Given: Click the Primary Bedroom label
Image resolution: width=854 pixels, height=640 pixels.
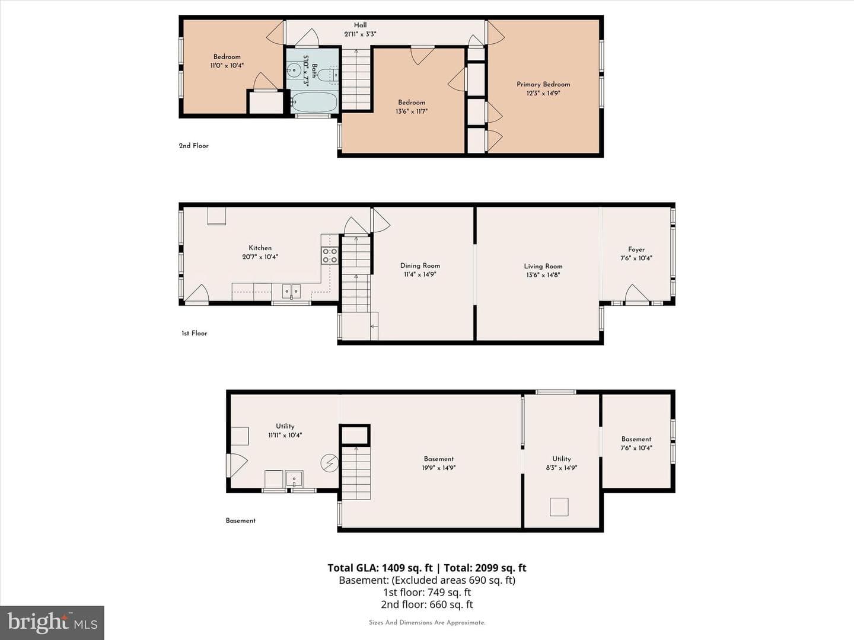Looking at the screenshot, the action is [x=543, y=84].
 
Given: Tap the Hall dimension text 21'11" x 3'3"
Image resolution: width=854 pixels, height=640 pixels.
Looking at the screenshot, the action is [x=360, y=34].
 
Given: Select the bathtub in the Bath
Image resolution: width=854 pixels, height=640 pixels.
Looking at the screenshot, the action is [x=314, y=102].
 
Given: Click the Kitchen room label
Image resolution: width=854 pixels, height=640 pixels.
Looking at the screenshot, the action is [x=260, y=248].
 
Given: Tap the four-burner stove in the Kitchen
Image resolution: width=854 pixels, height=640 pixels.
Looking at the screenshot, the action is [x=330, y=255].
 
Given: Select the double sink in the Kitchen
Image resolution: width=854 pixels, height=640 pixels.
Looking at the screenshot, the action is [x=291, y=291].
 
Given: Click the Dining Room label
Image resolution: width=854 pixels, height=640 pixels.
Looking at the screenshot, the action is [x=420, y=266].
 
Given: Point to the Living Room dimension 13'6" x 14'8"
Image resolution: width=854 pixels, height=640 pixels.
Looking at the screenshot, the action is [x=543, y=275].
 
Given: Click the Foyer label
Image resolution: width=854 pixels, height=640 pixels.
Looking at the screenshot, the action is [x=636, y=249].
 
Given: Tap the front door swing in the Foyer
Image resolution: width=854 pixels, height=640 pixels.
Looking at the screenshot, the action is [x=636, y=293].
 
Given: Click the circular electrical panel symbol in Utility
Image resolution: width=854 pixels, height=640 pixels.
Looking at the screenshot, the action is [x=329, y=463].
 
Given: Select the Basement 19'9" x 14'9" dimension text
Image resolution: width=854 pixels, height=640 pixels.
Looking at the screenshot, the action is [x=438, y=468].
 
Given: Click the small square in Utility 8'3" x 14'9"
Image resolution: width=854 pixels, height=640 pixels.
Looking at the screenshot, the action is [x=559, y=507].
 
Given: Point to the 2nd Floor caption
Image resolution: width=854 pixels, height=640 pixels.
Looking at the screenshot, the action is [x=194, y=146].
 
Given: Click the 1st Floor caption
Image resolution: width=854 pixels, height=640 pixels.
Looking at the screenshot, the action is [x=194, y=334].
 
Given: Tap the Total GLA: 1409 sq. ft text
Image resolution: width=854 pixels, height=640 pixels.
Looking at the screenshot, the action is [x=380, y=568].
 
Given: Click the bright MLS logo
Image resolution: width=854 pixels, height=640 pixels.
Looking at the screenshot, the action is [x=52, y=622].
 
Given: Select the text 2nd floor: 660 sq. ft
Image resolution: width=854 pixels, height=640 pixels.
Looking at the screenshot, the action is [x=427, y=604].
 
